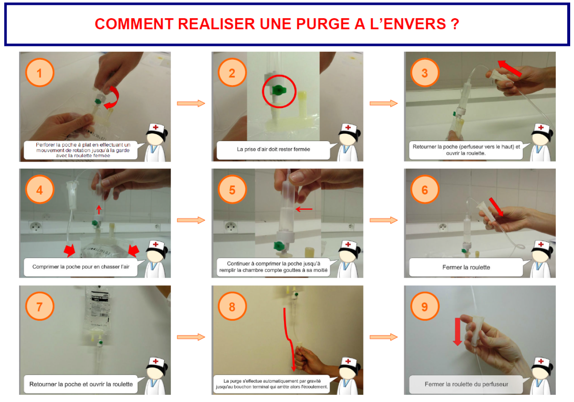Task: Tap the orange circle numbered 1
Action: click(x=39, y=73)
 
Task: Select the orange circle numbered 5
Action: click(x=232, y=189)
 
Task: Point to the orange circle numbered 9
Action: click(x=425, y=306)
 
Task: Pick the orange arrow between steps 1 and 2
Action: click(x=191, y=103)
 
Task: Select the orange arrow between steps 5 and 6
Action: click(x=384, y=220)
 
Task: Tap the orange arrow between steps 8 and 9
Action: click(x=384, y=337)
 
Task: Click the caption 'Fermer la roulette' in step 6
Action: click(x=466, y=267)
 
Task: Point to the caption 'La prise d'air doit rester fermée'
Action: click(x=274, y=149)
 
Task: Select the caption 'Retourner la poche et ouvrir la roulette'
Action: click(x=81, y=384)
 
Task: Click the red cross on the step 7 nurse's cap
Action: click(x=155, y=361)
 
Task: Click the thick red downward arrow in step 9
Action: click(x=457, y=332)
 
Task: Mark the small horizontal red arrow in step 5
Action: click(x=304, y=209)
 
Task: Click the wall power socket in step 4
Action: click(x=36, y=227)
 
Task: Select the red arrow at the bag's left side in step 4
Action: click(x=70, y=250)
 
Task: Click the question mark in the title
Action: click(x=455, y=24)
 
